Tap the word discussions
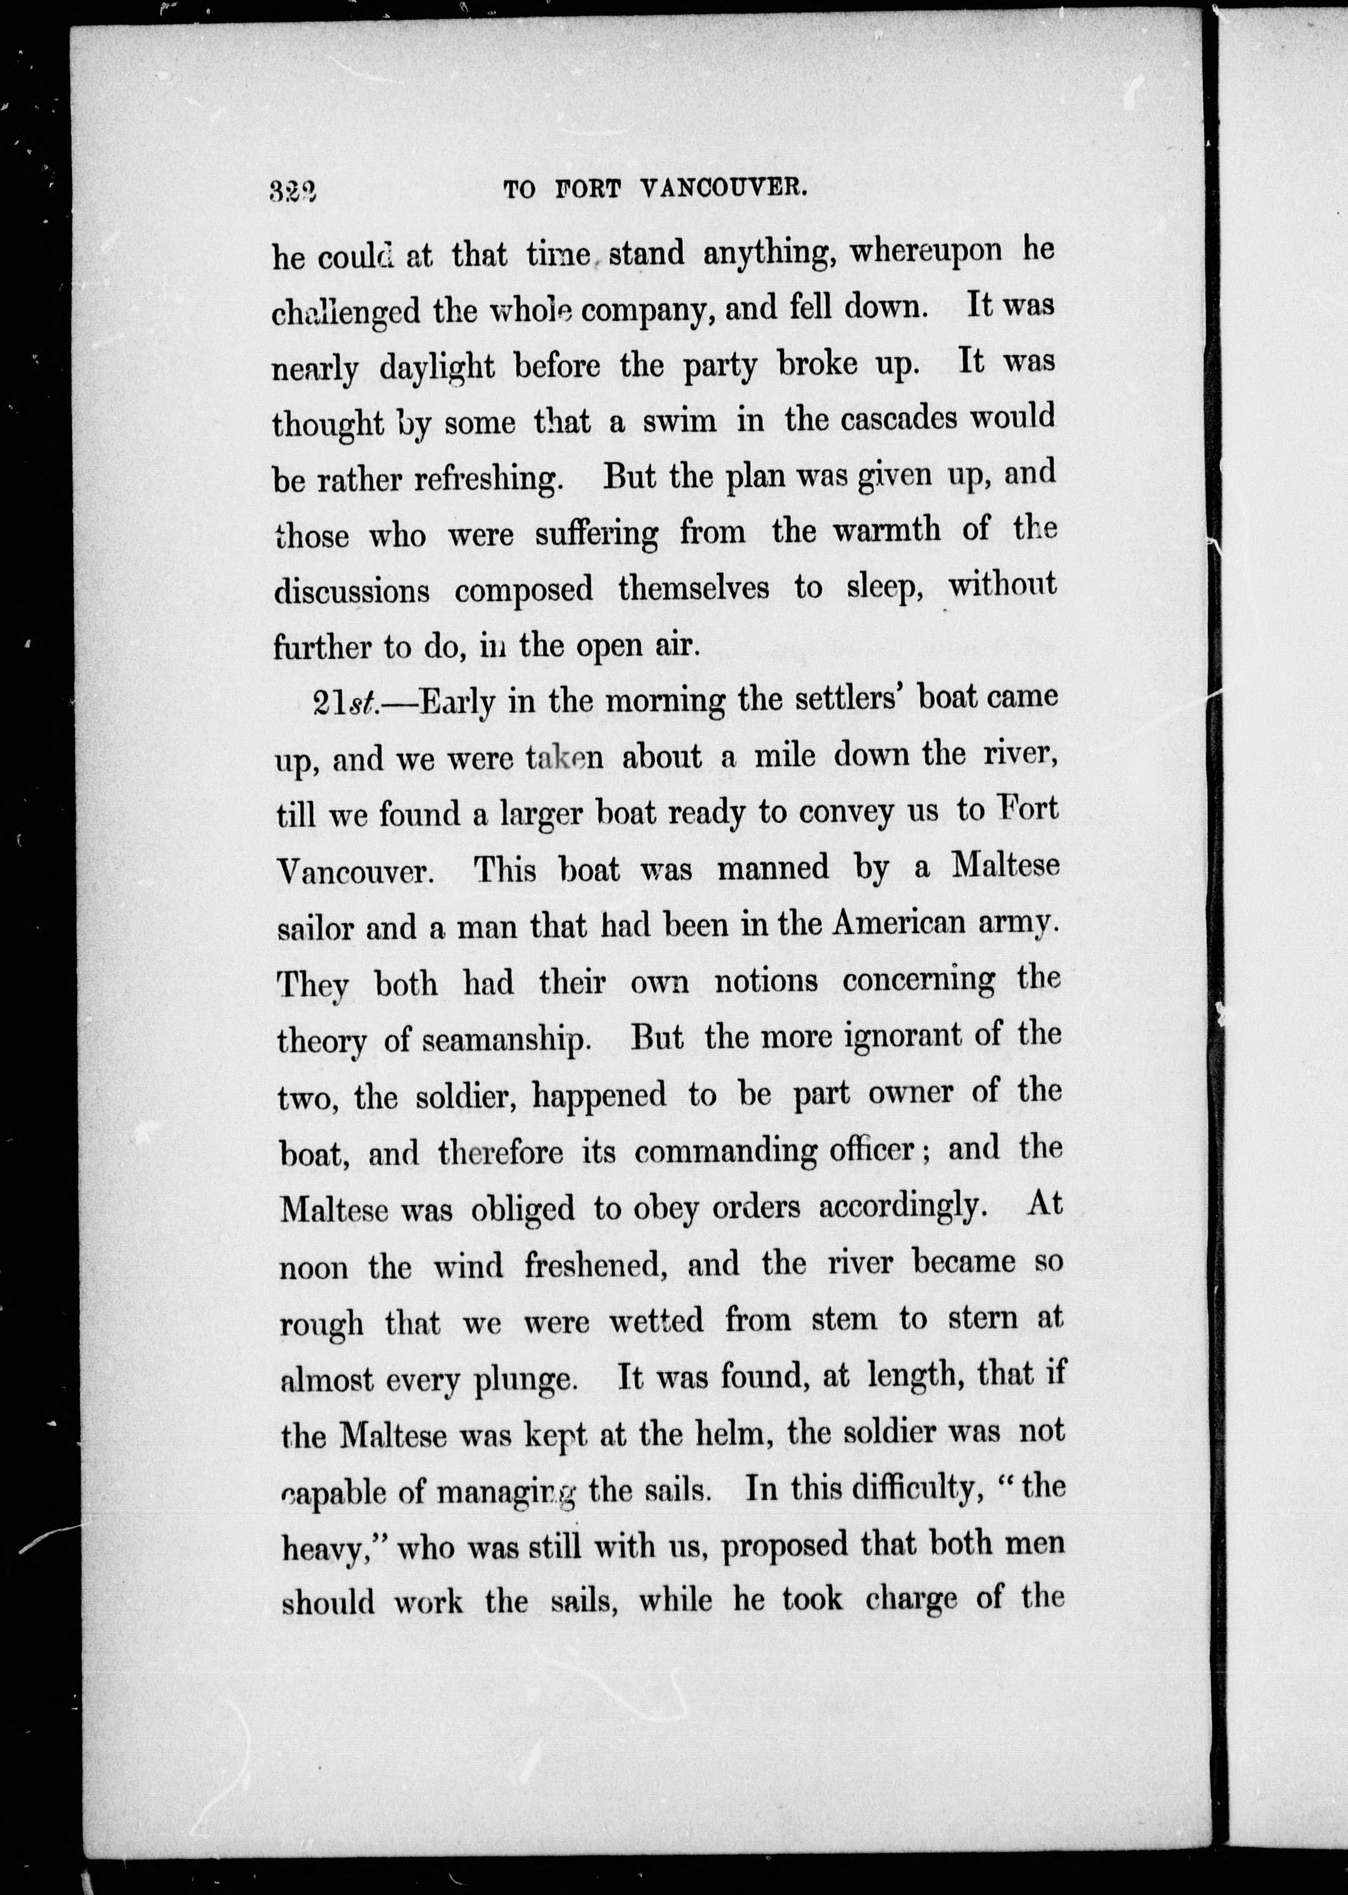click(x=352, y=591)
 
